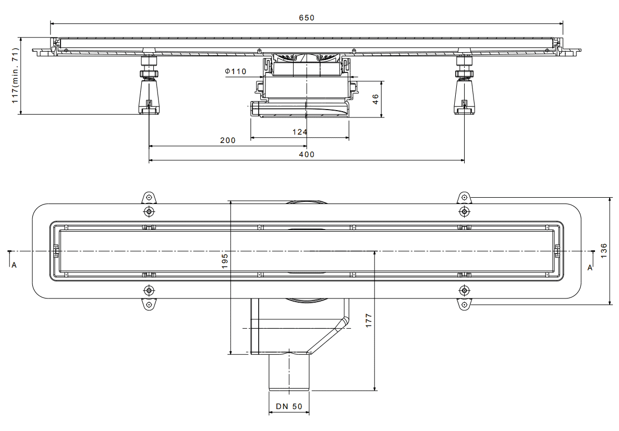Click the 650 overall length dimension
tap(306, 18)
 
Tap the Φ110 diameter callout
tap(236, 71)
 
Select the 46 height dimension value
tap(375, 99)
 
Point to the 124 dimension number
tap(300, 132)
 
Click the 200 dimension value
tap(228, 140)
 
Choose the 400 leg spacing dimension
tap(307, 154)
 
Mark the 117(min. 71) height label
tap(15, 76)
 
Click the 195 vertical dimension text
tap(225, 261)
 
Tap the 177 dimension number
tap(369, 321)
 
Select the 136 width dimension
tap(603, 251)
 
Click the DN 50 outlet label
tap(289, 406)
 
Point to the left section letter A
tap(14, 265)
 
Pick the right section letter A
tap(590, 268)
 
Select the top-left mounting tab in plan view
tap(149, 198)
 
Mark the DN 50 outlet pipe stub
tap(289, 373)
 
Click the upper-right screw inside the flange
tap(464, 212)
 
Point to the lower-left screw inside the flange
tap(149, 291)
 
